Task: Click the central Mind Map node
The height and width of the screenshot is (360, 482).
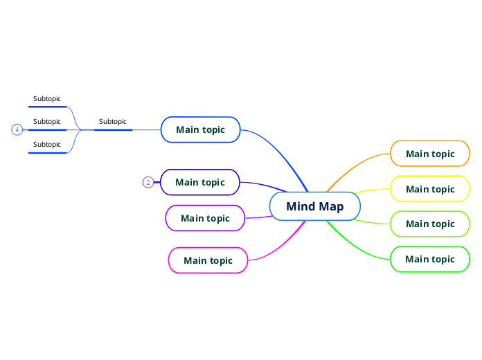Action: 315,206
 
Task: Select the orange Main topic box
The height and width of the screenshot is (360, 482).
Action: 430,154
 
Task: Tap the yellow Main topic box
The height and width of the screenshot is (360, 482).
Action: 430,189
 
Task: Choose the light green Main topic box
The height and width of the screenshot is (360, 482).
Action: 430,224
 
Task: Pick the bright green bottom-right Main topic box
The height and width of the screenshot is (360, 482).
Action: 430,259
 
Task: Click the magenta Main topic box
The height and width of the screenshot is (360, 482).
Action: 208,260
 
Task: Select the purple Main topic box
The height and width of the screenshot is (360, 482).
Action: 205,218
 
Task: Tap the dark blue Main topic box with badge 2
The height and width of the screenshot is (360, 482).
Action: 200,183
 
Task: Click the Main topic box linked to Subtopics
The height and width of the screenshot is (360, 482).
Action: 200,129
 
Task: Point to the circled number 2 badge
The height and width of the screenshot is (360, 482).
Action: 148,183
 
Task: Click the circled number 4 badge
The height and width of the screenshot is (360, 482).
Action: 17,129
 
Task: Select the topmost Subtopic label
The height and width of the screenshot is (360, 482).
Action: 47,99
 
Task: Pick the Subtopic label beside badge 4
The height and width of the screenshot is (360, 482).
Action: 47,122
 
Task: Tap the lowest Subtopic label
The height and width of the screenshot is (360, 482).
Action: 47,145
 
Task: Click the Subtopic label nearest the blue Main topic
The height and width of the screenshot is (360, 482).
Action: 113,122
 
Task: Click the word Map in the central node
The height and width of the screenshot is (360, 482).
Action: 331,206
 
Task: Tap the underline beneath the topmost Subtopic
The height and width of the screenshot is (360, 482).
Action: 48,107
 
